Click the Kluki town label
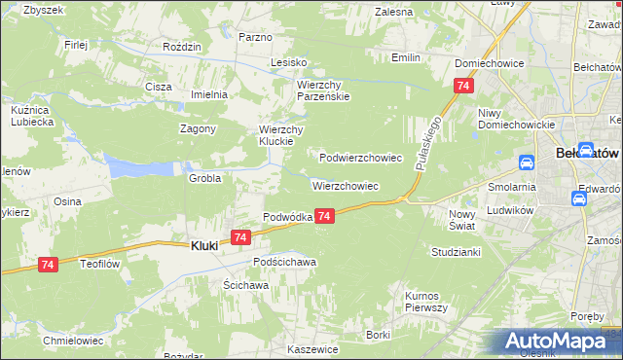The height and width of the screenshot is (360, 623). (202, 246)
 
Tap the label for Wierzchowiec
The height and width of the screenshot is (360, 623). (345, 185)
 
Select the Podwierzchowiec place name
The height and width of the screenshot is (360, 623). (361, 157)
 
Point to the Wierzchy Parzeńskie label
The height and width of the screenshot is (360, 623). (323, 90)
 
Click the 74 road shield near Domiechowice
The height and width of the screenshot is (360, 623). (460, 87)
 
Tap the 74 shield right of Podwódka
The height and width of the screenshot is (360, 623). (325, 215)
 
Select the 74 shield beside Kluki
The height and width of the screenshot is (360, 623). (241, 236)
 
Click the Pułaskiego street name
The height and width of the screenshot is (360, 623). (428, 142)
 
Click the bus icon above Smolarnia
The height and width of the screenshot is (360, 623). (526, 162)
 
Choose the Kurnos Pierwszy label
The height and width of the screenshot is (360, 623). (425, 302)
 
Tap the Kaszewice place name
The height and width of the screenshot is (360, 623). (312, 348)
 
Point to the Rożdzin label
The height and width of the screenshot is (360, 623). (182, 47)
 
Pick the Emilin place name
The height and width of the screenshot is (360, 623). (406, 57)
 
